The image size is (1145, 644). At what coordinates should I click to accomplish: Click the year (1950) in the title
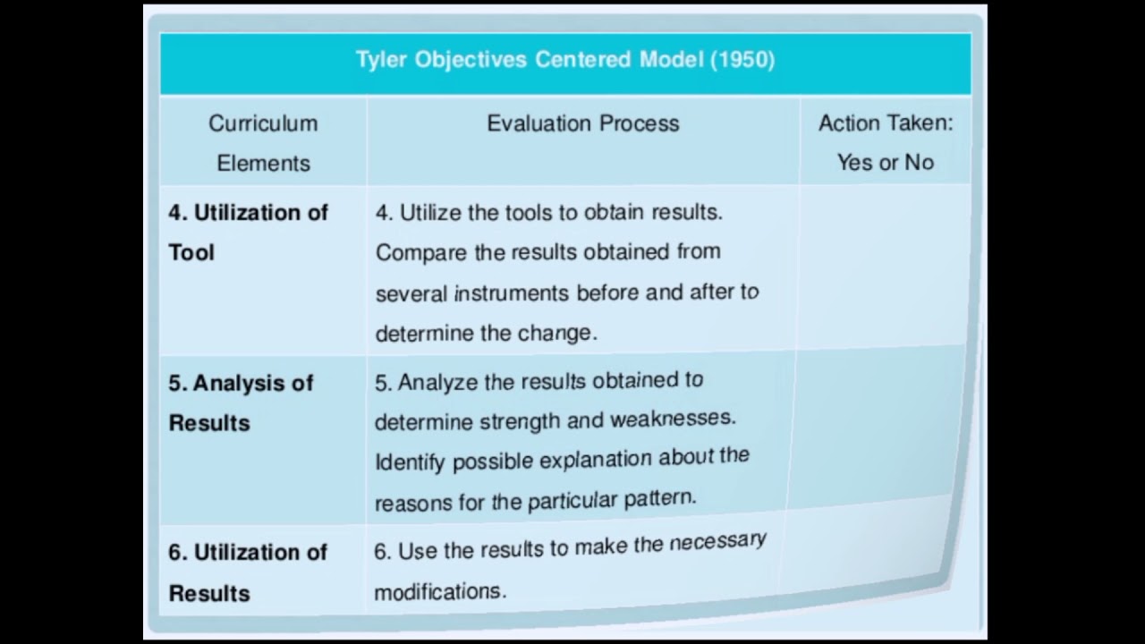(x=742, y=60)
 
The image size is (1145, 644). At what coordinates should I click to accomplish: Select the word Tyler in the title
(x=382, y=60)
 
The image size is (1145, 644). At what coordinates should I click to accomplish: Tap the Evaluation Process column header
(x=582, y=123)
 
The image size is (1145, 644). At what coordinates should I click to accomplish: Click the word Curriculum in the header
(x=263, y=123)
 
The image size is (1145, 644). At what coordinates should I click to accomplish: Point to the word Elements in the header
(x=263, y=163)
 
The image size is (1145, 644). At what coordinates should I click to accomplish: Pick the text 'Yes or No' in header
(x=885, y=162)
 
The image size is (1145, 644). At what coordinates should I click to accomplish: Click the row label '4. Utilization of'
(x=248, y=213)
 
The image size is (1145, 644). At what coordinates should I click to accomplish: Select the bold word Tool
(x=191, y=252)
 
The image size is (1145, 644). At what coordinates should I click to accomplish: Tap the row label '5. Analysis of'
(x=241, y=383)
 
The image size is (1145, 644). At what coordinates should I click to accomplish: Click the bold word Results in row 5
(x=209, y=422)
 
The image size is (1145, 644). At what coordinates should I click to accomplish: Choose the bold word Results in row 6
(x=209, y=593)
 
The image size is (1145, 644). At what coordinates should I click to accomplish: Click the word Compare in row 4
(x=421, y=253)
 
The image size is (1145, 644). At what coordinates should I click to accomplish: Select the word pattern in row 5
(x=662, y=497)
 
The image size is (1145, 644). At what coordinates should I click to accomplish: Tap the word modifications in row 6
(x=439, y=592)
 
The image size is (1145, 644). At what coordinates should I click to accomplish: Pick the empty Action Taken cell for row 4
(x=884, y=268)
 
